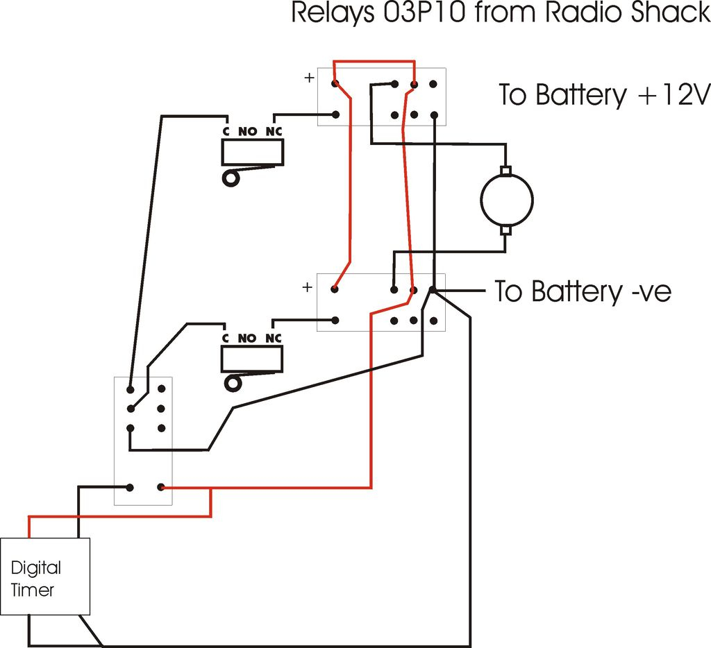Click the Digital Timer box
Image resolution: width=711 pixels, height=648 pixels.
click(45, 577)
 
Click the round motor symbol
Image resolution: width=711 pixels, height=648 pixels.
click(507, 200)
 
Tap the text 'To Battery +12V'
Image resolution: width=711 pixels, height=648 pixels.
click(596, 95)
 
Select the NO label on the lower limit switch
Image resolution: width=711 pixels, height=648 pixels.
click(248, 339)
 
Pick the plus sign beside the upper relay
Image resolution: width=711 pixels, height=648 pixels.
click(308, 78)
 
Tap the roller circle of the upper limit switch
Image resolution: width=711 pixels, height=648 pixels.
click(230, 179)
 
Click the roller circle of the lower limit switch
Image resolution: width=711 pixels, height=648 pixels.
click(230, 384)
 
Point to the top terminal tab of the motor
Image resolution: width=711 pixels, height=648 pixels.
click(507, 170)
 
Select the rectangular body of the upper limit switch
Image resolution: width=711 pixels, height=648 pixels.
click(251, 153)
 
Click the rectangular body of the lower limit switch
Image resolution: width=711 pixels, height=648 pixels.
click(251, 359)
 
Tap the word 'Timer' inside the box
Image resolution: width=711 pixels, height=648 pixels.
click(32, 591)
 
